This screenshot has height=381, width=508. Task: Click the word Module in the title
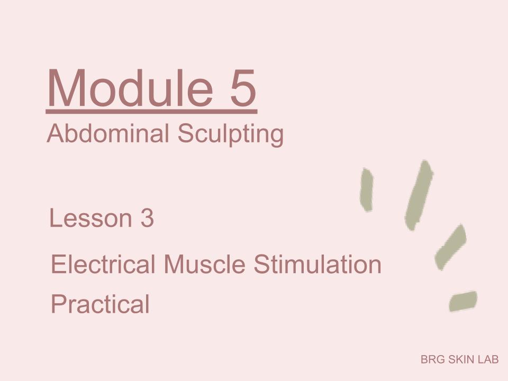coord(130,88)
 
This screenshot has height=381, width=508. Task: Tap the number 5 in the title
coord(243,88)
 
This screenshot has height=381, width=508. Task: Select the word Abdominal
coord(108,133)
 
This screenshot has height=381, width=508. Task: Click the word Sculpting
coord(230,135)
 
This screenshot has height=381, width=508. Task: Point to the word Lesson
coord(90,218)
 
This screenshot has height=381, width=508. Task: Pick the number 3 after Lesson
coord(147,218)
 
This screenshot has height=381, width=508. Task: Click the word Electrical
coord(103,264)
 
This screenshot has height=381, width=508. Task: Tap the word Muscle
coord(204,264)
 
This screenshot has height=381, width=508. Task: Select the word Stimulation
coord(317,264)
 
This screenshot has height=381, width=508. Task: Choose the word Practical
coord(100,304)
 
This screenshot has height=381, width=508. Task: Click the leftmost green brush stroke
coord(366,190)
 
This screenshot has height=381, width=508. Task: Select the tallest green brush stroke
coord(419,195)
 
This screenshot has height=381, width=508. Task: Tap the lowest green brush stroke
coord(463,301)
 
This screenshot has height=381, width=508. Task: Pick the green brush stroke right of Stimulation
coord(451,247)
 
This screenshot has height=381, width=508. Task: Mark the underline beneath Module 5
coord(152,112)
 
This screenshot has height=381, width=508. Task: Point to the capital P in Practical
coord(59,303)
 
